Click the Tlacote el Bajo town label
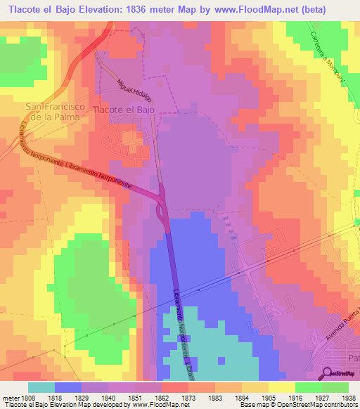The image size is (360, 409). click(124, 110)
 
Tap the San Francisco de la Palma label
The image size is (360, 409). click(56, 112)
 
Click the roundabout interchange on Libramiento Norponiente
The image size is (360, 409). click(162, 208)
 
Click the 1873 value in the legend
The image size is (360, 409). click(188, 398)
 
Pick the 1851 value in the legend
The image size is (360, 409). click(135, 398)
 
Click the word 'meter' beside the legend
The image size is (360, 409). click(9, 398)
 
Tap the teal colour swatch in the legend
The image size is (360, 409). click(41, 387)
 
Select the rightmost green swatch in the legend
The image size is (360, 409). click(335, 387)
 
